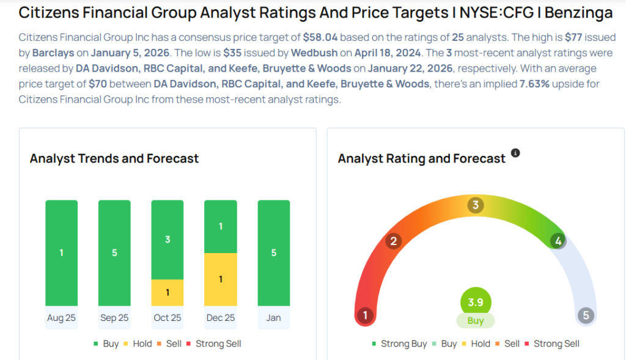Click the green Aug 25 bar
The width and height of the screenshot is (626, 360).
point(61,252)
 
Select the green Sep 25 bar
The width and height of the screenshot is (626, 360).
point(114,252)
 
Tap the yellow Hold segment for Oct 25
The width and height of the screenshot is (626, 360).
point(168,292)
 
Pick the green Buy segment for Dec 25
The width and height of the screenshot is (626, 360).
point(221,226)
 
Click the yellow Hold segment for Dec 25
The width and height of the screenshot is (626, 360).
point(221,279)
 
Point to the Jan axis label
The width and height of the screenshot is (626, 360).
point(273,318)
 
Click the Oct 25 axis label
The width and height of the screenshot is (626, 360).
point(168,318)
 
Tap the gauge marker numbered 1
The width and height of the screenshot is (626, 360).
point(365,315)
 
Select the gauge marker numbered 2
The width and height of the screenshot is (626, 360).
point(394,241)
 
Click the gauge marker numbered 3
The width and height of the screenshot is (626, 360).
point(476,205)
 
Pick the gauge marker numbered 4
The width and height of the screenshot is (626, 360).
point(558,241)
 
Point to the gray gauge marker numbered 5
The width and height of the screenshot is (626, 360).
point(586,315)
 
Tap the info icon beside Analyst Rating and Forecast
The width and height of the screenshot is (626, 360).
point(515,153)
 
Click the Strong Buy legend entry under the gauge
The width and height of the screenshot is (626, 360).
point(399,343)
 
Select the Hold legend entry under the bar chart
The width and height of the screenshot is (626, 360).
point(138,343)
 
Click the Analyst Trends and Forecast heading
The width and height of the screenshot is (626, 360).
point(114,158)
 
